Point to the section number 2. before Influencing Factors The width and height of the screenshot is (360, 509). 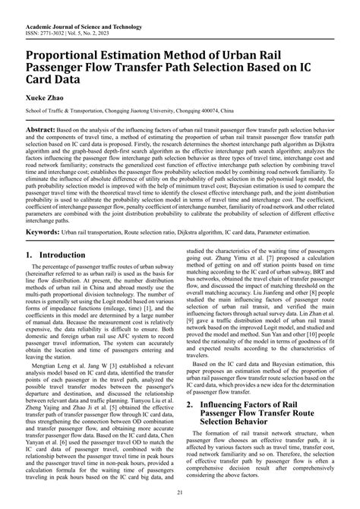tap(193, 426)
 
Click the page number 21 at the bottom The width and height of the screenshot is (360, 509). tap(180, 495)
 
